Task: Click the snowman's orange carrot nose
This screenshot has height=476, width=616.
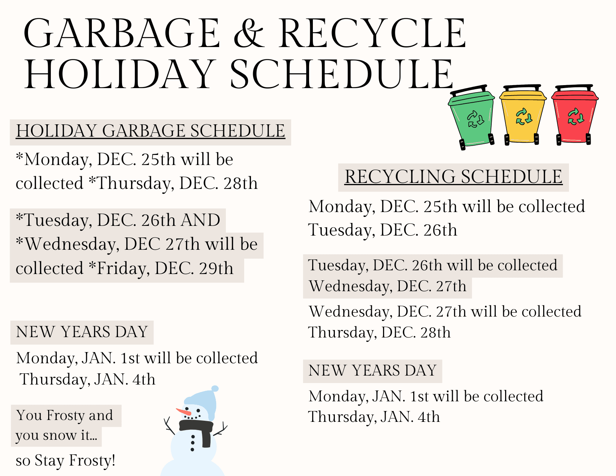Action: pyautogui.click(x=184, y=412)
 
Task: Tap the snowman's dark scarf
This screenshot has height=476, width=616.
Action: pyautogui.click(x=198, y=429)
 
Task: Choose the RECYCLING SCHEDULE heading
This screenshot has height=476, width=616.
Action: pyautogui.click(x=453, y=177)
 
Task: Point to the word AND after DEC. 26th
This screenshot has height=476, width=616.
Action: pyautogui.click(x=200, y=220)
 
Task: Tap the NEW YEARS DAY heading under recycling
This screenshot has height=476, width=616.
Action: pyautogui.click(x=373, y=371)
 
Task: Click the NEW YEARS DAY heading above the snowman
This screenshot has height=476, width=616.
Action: pyautogui.click(x=82, y=332)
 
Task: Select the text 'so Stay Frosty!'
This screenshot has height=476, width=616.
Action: pyautogui.click(x=66, y=460)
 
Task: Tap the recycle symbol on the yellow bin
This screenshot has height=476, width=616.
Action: pyautogui.click(x=523, y=116)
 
